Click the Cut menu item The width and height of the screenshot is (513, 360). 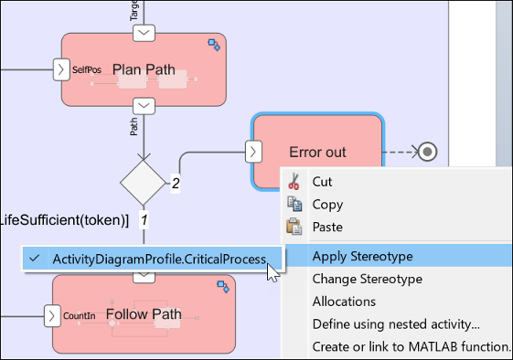click(322, 182)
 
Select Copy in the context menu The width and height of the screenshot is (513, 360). click(327, 205)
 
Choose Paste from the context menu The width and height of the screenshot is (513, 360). click(326, 227)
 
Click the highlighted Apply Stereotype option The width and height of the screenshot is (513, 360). click(361, 256)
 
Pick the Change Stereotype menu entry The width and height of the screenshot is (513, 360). click(367, 279)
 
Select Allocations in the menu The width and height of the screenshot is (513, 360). click(344, 302)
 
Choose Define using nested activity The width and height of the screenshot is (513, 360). click(396, 323)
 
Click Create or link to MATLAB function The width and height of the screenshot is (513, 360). click(411, 346)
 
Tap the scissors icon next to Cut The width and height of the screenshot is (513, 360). click(294, 182)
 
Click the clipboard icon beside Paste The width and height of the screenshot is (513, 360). click(294, 227)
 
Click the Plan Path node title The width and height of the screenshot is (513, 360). click(143, 69)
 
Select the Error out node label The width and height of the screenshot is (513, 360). click(317, 152)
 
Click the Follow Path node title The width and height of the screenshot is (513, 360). click(144, 315)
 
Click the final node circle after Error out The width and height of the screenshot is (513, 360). click(425, 151)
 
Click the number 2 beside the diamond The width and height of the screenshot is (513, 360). click(176, 184)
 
